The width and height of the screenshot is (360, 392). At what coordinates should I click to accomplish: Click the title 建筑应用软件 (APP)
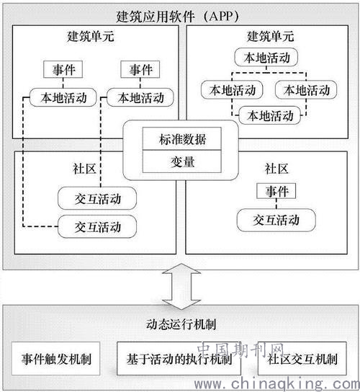[x=178, y=17]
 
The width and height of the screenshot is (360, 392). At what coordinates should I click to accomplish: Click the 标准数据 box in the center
[x=182, y=139]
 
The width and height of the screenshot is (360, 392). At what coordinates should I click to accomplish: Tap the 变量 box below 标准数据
[x=182, y=161]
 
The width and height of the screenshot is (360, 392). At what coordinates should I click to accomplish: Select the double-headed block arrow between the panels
[x=181, y=287]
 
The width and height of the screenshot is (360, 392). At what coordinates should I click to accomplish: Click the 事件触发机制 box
[x=55, y=359]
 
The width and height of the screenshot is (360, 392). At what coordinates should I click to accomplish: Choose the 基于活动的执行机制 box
[x=179, y=359]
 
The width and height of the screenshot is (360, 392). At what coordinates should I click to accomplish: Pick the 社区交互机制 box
[x=302, y=359]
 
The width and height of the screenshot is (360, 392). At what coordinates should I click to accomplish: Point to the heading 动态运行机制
[x=181, y=324]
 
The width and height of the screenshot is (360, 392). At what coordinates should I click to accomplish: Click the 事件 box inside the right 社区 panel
[x=276, y=191]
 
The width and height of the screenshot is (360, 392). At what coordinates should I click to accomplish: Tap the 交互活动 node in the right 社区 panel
[x=276, y=220]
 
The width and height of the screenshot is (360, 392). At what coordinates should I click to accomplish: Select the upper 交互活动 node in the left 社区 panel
[x=97, y=198]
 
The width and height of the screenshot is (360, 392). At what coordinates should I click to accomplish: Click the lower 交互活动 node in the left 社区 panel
[x=97, y=226]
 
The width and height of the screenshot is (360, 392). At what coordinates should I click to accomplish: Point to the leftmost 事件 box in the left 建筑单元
[x=63, y=69]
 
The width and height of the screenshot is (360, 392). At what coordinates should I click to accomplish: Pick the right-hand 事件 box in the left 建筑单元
[x=140, y=69]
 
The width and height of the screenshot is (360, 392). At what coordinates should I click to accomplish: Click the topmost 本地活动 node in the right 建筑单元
[x=266, y=57]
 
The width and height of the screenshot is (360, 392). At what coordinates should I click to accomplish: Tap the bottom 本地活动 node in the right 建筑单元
[x=270, y=115]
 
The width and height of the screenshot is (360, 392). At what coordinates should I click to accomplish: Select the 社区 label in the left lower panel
[x=84, y=169]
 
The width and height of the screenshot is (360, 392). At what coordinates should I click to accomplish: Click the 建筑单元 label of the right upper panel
[x=270, y=36]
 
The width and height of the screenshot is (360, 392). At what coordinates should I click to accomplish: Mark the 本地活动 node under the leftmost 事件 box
[x=63, y=97]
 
